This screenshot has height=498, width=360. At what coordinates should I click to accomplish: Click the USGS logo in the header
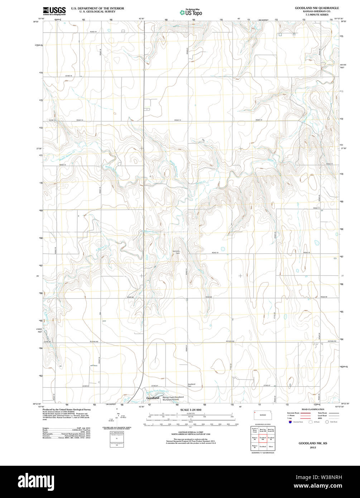[54, 11]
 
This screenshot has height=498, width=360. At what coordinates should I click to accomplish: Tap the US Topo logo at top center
[191, 12]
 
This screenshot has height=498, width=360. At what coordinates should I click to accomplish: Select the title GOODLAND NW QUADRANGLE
[317, 8]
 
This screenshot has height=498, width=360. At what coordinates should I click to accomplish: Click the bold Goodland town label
[153, 398]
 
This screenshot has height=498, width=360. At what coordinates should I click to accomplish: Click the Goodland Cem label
[192, 386]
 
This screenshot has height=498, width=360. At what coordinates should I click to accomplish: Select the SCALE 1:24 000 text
[191, 410]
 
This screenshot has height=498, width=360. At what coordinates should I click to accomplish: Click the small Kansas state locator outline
[263, 414]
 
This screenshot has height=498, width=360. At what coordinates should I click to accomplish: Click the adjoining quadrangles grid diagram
[263, 437]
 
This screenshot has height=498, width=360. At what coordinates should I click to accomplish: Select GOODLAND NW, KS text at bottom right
[313, 443]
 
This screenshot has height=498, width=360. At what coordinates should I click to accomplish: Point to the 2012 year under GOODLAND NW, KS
[313, 447]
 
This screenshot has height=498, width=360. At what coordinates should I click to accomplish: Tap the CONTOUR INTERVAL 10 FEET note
[191, 431]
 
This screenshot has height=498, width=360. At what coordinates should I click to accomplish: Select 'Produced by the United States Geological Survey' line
[66, 410]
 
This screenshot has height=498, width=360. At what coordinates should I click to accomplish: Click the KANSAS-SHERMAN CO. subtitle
[317, 11]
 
